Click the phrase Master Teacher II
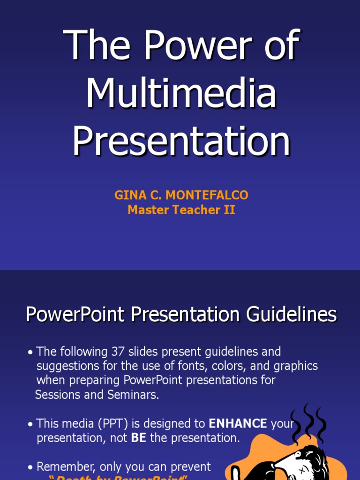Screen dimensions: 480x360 click(x=181, y=210)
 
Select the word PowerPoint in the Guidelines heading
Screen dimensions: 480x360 click(x=76, y=315)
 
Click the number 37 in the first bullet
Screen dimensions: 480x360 click(x=118, y=352)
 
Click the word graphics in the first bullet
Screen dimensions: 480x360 click(x=294, y=366)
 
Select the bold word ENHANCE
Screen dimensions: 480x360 click(x=238, y=424)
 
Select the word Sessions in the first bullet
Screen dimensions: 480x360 click(x=57, y=395)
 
